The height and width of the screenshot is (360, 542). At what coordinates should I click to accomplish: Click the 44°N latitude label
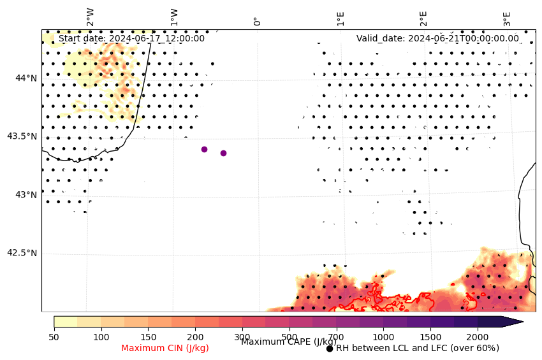26,78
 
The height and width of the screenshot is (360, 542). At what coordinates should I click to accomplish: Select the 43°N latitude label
26,194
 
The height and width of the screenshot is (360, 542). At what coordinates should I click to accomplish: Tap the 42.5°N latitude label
22,253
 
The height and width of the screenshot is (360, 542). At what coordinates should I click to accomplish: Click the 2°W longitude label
91,17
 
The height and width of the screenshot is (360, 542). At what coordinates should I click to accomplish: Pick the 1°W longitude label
174,17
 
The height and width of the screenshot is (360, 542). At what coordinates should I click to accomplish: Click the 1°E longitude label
341,18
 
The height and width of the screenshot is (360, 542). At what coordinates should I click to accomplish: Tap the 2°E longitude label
423,18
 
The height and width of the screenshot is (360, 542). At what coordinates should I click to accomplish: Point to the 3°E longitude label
507,18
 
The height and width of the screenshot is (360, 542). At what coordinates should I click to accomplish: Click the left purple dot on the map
204,149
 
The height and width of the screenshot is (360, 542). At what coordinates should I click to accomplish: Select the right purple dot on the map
223,153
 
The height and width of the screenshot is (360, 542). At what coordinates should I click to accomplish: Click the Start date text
131,38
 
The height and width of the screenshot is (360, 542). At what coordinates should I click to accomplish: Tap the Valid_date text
437,38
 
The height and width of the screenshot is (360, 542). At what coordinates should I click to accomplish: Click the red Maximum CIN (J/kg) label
165,348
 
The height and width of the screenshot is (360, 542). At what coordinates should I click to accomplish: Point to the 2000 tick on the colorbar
477,336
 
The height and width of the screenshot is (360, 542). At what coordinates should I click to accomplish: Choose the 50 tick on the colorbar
54,336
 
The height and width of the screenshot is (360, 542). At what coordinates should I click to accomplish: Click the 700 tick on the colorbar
336,336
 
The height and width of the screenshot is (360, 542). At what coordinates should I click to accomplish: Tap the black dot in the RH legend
330,349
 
